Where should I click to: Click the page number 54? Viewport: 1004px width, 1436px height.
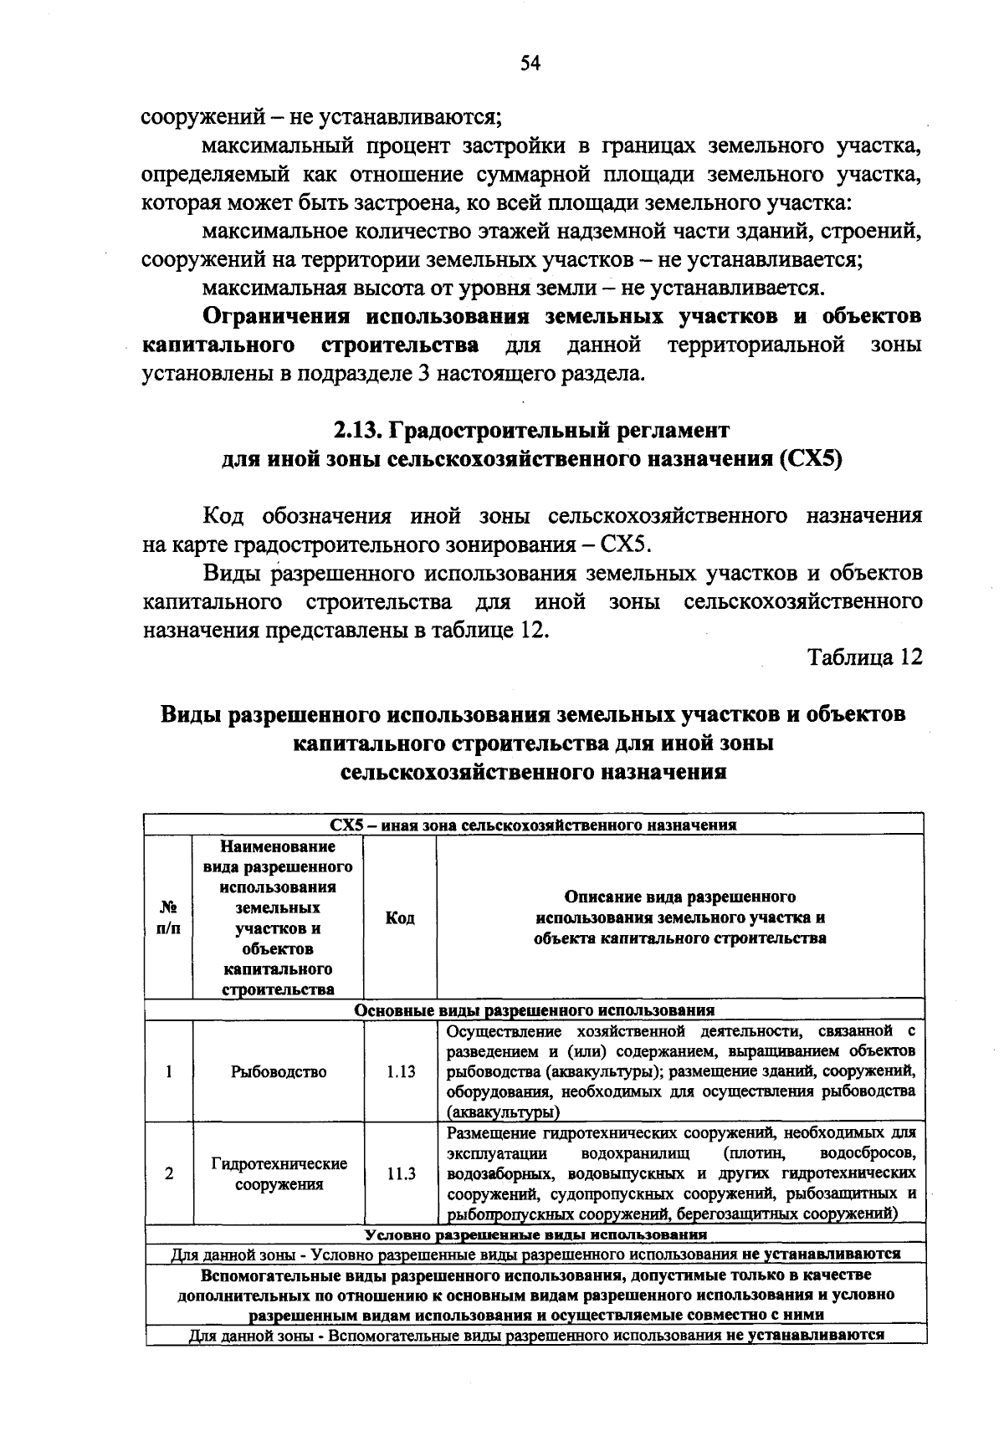click(531, 64)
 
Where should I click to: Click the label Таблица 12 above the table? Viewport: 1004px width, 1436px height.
click(864, 657)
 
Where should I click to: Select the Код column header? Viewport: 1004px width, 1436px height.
click(400, 917)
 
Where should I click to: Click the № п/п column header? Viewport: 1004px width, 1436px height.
click(168, 917)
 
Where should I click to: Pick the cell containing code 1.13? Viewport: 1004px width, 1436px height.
click(400, 1071)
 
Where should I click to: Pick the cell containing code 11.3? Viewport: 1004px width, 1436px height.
click(400, 1173)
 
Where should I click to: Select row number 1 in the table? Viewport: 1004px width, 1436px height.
click(169, 1071)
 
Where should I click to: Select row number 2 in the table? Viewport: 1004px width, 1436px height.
click(169, 1173)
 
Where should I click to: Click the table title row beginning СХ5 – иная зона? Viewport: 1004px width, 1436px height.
click(533, 825)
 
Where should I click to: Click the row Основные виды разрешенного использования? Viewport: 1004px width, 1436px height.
click(534, 1009)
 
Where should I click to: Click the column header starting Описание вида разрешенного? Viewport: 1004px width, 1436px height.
click(679, 917)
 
